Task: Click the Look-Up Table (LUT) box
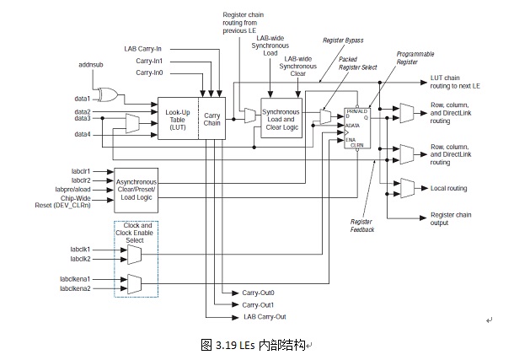177,119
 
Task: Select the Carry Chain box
211,119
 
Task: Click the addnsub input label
90,64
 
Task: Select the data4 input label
82,134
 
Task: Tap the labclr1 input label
81,171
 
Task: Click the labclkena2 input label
75,288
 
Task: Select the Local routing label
448,188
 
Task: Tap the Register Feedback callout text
362,225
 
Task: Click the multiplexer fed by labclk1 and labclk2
133,254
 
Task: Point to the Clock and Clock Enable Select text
136,234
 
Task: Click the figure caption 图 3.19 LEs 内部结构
254,345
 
